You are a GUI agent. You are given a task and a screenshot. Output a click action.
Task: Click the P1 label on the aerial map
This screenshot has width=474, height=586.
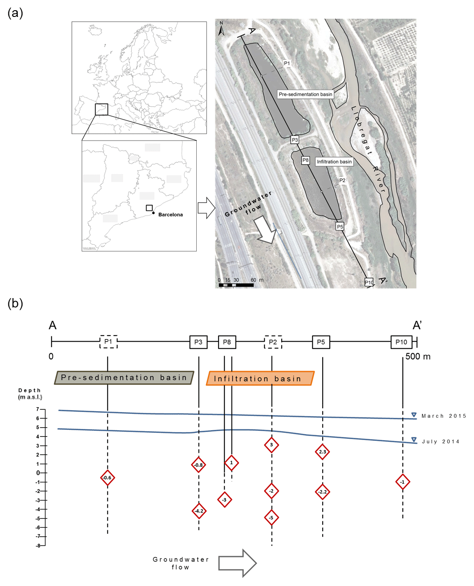click(287, 63)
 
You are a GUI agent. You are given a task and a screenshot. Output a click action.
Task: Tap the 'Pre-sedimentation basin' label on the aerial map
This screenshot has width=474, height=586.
click(305, 94)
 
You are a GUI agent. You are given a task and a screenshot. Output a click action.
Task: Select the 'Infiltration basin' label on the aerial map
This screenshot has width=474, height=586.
click(334, 162)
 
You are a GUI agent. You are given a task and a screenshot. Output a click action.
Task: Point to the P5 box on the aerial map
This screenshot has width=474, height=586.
click(340, 226)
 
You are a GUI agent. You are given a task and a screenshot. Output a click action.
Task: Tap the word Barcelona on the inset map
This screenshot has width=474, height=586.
click(170, 214)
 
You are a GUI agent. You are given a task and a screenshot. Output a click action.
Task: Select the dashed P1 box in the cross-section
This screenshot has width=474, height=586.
click(108, 342)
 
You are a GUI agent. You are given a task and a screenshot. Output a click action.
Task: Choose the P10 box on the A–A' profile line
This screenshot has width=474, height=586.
click(401, 342)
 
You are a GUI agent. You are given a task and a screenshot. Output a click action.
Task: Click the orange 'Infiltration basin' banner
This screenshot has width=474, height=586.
click(260, 379)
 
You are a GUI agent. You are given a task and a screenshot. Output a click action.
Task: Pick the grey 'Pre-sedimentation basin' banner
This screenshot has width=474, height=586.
click(124, 378)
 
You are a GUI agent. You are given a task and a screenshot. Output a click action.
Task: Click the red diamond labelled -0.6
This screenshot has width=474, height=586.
click(107, 478)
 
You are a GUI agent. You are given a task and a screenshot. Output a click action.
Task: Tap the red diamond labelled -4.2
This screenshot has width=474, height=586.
click(199, 511)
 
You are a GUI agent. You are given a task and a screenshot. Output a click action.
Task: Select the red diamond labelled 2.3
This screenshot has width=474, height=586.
click(322, 452)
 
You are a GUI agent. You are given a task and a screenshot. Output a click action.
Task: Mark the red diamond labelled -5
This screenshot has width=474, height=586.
click(271, 517)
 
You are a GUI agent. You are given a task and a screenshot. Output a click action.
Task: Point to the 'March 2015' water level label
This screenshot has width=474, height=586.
click(444, 416)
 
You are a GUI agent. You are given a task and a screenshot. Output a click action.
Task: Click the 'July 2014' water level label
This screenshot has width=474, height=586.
click(440, 442)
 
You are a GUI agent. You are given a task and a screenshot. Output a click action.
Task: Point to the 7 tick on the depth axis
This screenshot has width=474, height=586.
click(38, 409)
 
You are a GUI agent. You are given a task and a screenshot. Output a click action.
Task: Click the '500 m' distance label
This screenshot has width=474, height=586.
click(418, 356)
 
